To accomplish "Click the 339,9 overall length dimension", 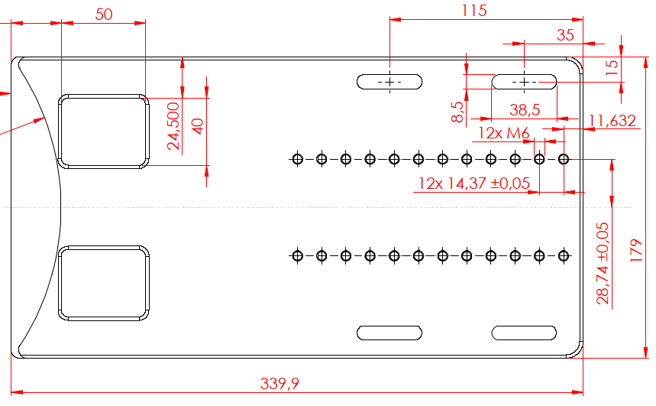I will pos(279,383).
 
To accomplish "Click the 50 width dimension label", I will pos(104,15).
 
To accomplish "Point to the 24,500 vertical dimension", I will pos(173,126).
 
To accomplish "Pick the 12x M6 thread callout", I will pos(504,134).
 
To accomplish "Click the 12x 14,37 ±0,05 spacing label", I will pos(473,184).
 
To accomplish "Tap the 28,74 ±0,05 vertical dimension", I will pos(603,264).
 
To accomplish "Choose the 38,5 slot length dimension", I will pos(524,110).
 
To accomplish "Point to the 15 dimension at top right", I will pos(612,67).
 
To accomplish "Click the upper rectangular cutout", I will pos(104,131).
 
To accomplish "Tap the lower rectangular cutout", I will pos(104,282).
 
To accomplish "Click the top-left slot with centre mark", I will pos(390,81).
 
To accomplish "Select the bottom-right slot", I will pos(524,333).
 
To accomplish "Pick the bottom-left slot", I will pos(390,333).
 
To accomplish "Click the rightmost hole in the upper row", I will pos(564,159).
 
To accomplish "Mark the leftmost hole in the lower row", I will pos(297,255).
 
